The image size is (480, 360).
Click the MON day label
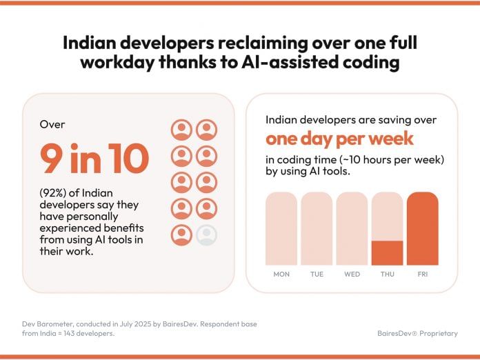point(281,274)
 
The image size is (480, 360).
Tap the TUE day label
point(317,274)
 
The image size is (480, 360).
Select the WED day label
point(352,274)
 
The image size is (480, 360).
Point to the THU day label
point(387,274)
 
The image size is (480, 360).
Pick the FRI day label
point(422,274)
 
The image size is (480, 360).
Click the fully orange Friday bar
point(422,228)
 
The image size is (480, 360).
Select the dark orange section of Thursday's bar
point(387,252)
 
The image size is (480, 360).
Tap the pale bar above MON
point(281,228)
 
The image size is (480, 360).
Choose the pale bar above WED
point(352,228)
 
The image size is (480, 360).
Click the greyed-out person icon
point(206,235)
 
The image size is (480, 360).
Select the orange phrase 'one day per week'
point(339,139)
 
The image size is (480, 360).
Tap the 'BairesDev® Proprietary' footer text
point(417,333)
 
